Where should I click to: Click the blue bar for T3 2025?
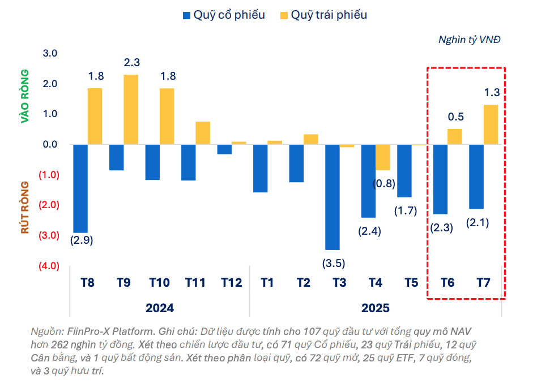point(332,197)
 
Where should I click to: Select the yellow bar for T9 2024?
point(131,109)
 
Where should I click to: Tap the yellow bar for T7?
point(491,124)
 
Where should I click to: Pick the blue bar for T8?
point(80,188)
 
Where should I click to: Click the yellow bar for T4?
point(383,157)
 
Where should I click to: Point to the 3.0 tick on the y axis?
point(50,54)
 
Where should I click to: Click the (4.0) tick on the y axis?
point(48,266)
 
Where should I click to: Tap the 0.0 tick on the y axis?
point(50,144)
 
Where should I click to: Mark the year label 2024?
point(159,308)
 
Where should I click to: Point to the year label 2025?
point(376,308)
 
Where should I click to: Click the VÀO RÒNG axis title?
point(24,96)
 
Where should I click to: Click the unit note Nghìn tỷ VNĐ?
point(469,40)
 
